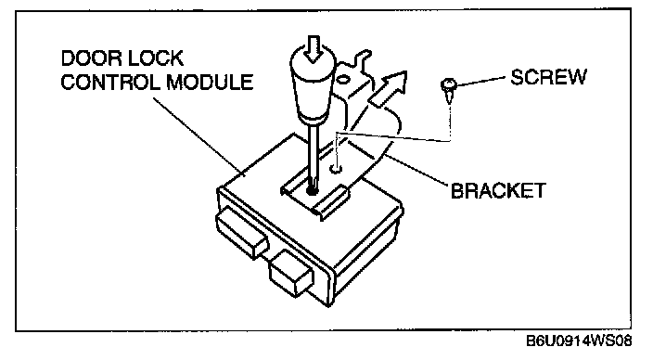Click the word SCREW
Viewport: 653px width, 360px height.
548,77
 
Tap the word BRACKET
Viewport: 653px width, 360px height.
498,191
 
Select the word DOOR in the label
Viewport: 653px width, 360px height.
90,58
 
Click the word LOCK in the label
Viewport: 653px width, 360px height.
155,58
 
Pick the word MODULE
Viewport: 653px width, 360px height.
210,82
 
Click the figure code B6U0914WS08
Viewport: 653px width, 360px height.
579,341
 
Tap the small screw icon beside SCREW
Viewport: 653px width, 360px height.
449,90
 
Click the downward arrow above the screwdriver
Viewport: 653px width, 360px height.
314,48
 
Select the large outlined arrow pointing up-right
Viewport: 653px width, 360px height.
388,90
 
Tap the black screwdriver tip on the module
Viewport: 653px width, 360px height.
312,189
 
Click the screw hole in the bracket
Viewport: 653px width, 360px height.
336,169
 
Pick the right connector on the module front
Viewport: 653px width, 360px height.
291,274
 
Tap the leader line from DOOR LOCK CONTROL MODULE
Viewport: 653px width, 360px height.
196,135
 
